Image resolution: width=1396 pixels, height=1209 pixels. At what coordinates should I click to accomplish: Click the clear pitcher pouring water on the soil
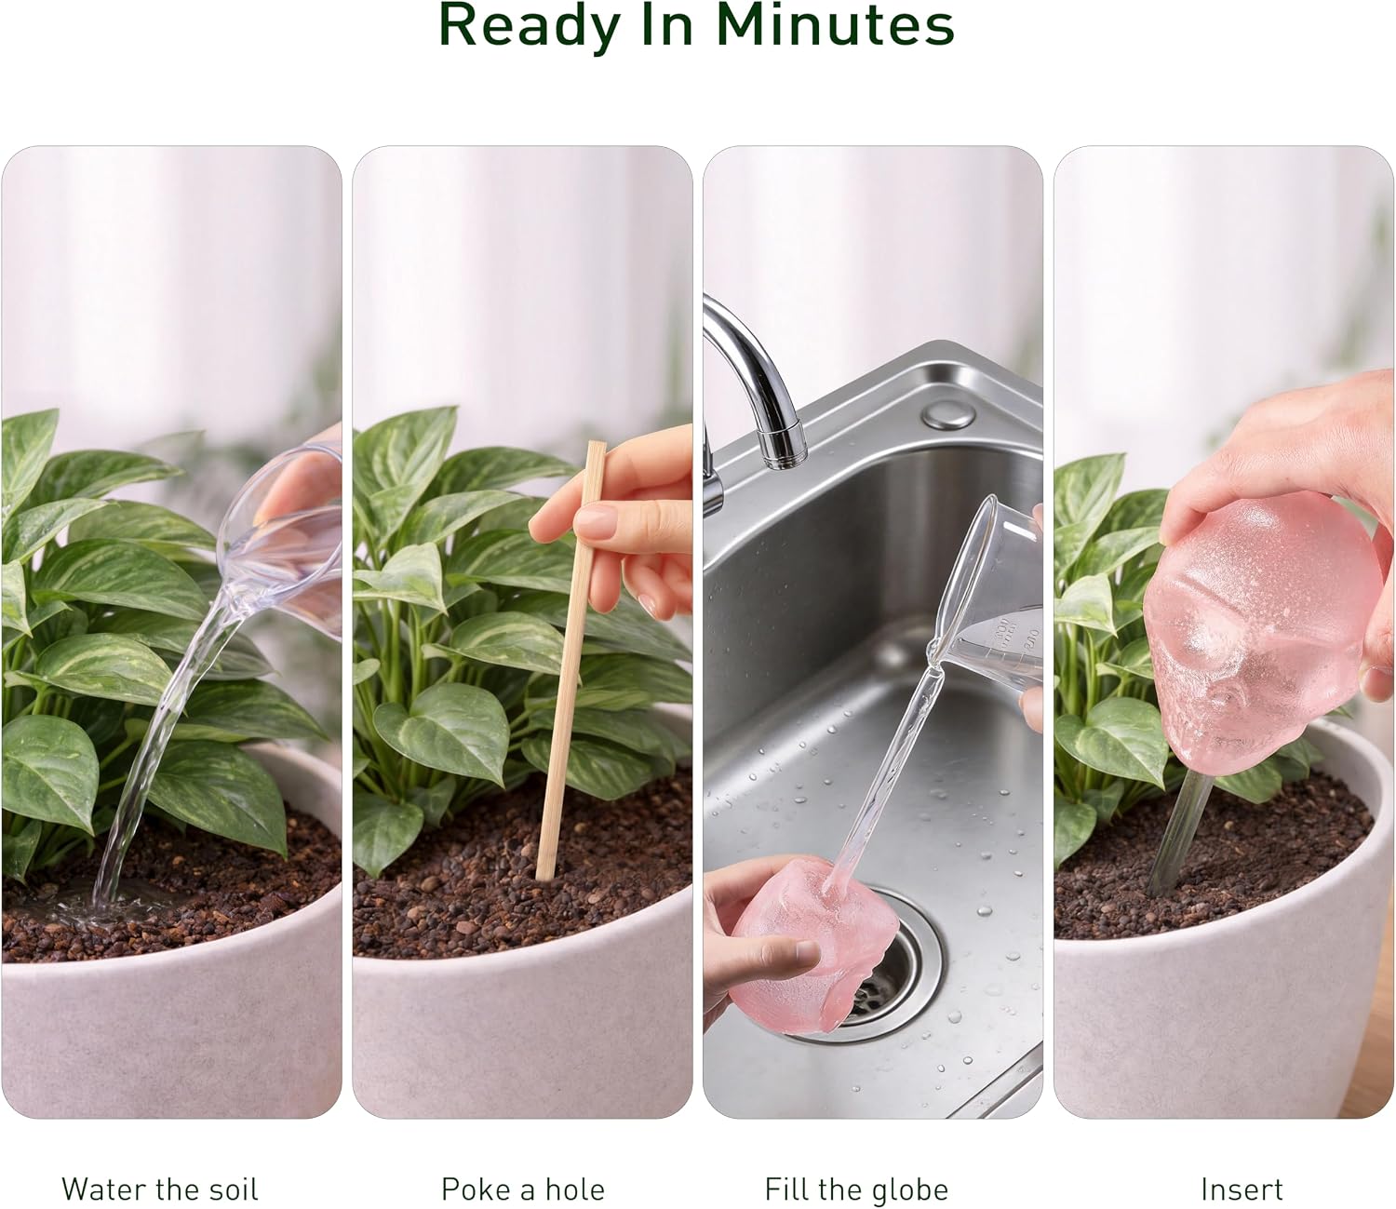(x=284, y=533)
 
